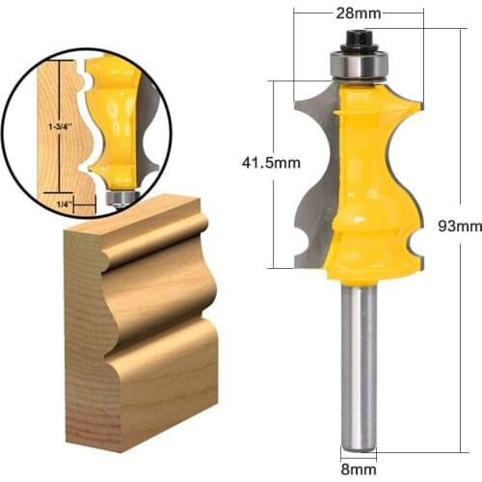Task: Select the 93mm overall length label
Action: click(460, 227)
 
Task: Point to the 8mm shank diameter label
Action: click(358, 471)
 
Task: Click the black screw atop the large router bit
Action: click(358, 40)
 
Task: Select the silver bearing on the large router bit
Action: click(358, 64)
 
